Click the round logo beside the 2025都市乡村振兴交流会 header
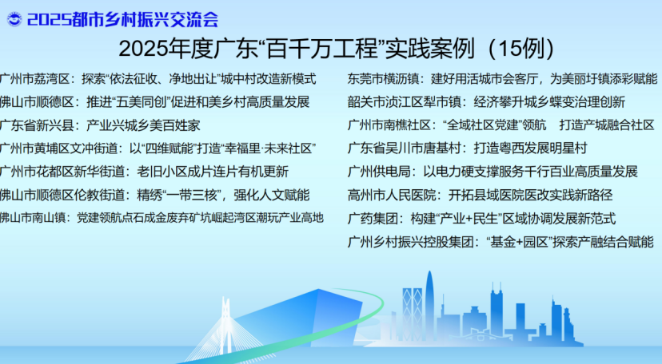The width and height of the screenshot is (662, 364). [14, 19]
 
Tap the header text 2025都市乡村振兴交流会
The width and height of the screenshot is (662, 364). [122, 20]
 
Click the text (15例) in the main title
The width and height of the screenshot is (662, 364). [521, 49]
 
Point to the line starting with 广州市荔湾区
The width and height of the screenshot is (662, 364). [158, 79]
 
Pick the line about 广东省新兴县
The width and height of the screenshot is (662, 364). [100, 125]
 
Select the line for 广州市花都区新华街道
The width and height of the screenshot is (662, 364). [145, 172]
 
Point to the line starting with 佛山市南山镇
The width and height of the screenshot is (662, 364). [162, 218]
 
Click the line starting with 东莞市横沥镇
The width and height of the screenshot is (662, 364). [502, 79]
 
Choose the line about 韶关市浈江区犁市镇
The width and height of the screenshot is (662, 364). [486, 102]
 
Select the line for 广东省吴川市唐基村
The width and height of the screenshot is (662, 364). [468, 148]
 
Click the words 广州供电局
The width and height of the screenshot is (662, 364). [379, 172]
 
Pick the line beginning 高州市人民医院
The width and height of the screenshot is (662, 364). [480, 195]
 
